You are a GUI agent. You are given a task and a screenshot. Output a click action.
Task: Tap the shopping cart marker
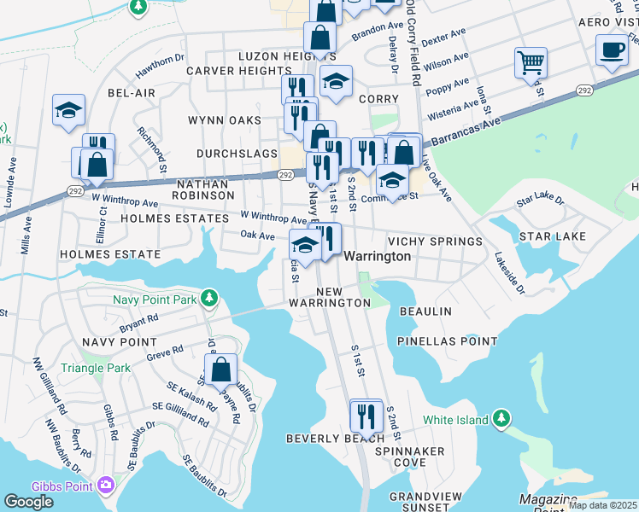coord(531,61)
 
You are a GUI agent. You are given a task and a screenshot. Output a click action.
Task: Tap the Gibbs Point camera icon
coord(107,485)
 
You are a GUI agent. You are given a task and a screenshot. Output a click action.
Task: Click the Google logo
coord(28,501)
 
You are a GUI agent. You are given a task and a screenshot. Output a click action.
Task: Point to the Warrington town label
coord(378,256)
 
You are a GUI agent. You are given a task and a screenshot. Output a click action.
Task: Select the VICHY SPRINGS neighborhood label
coord(434,241)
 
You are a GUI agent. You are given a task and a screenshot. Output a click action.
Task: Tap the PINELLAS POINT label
coord(447,341)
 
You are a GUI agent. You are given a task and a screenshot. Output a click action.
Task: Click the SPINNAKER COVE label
coord(410,456)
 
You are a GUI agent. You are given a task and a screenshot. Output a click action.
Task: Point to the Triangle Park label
coord(96,369)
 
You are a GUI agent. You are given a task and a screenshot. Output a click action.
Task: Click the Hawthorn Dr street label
coord(156,61)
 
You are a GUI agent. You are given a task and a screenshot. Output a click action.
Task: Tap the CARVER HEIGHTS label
coord(238,71)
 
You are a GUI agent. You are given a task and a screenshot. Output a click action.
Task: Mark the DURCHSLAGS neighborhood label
coord(237,154)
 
